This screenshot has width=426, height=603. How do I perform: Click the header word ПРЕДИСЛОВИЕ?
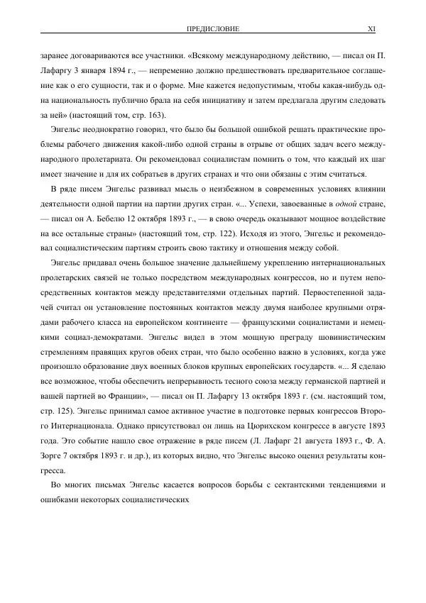pos(212,28)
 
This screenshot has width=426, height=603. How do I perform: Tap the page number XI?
pos(371,28)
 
